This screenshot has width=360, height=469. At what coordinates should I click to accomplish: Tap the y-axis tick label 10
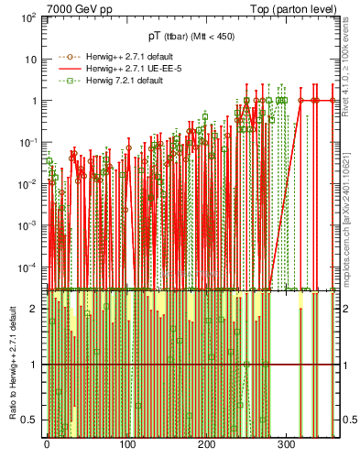click(29, 59)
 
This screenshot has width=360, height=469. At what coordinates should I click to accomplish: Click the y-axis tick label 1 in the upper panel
click(33, 101)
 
